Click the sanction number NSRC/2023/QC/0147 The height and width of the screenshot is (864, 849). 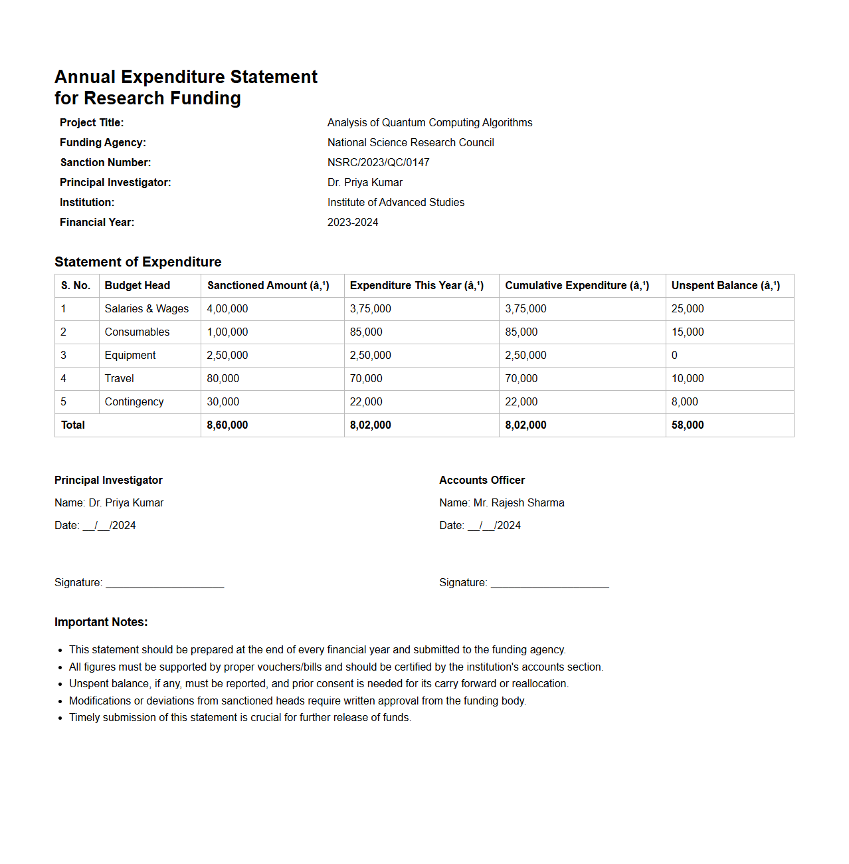tap(378, 162)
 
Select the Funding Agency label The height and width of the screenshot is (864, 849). tap(102, 142)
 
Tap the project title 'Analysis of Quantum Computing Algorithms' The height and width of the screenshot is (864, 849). tap(429, 122)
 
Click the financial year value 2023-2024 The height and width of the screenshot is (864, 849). tap(352, 222)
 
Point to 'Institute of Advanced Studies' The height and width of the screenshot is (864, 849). tap(395, 202)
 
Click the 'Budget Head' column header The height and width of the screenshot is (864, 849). tap(137, 285)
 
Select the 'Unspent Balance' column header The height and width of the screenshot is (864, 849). tap(725, 285)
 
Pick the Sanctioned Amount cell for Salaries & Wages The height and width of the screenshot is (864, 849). tap(227, 308)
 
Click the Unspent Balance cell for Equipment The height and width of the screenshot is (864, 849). tap(674, 355)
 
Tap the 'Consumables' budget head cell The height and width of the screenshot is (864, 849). tap(137, 332)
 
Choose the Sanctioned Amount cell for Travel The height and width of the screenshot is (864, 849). tap(223, 378)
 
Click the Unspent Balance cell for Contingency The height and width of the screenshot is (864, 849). tap(684, 401)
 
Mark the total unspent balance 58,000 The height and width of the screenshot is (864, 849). tap(687, 425)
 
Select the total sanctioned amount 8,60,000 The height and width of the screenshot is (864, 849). tap(227, 425)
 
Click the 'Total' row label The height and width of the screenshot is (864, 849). tap(73, 425)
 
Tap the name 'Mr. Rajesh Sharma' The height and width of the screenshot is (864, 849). tap(518, 502)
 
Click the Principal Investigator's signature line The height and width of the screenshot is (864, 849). tap(165, 583)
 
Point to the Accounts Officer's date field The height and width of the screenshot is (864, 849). tap(494, 525)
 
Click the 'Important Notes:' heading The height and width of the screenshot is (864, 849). tap(101, 622)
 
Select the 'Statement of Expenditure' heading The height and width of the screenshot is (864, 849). tap(138, 262)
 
